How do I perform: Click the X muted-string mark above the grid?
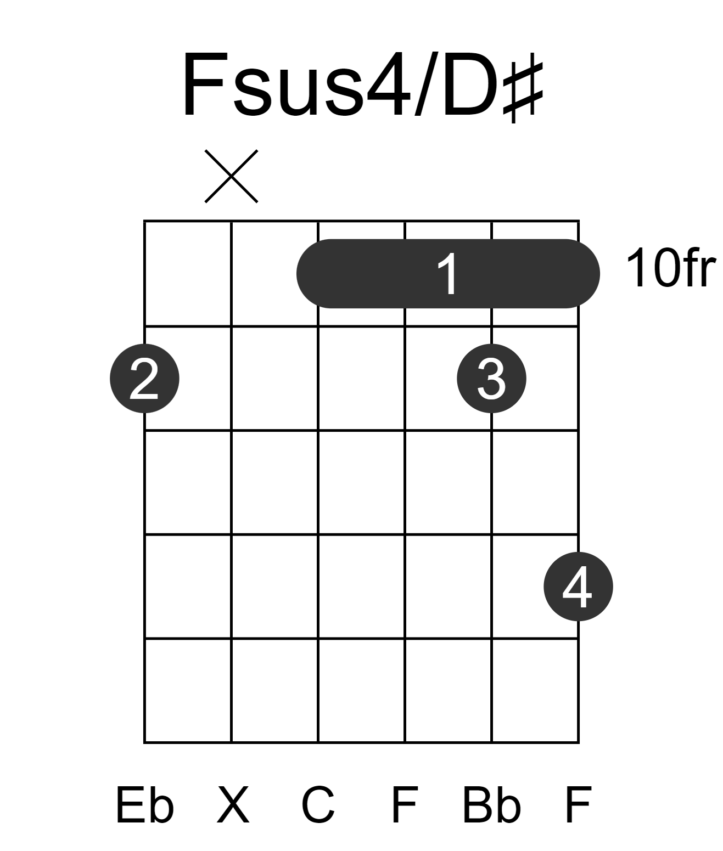(x=231, y=176)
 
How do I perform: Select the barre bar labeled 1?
(x=448, y=273)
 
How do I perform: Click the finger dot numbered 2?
(x=144, y=379)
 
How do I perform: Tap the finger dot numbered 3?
(x=491, y=379)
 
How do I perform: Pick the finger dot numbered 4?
(x=579, y=587)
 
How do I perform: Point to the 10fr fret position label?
(x=671, y=268)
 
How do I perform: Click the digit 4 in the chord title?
(x=388, y=85)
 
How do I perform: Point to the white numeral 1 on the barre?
(x=447, y=273)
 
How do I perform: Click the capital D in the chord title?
(x=470, y=84)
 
